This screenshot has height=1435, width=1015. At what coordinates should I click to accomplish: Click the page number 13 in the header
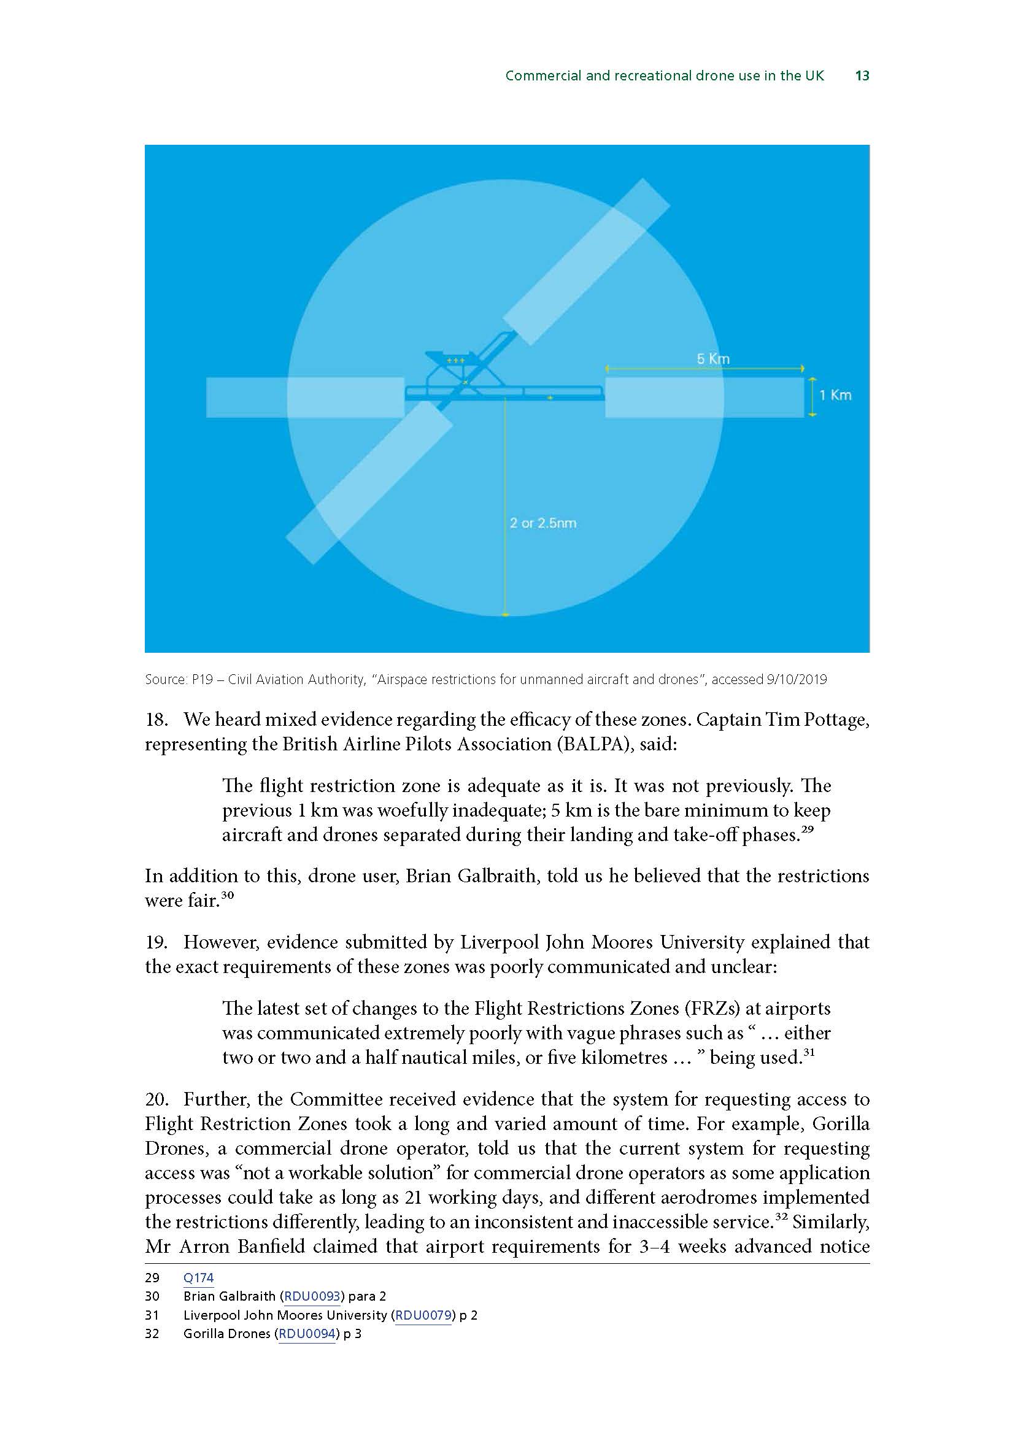(x=862, y=75)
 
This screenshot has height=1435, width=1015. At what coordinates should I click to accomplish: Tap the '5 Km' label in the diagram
(x=713, y=359)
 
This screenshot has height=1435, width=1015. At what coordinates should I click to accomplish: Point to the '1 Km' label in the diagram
(x=835, y=395)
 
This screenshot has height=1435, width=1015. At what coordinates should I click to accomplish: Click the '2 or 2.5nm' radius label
(x=542, y=523)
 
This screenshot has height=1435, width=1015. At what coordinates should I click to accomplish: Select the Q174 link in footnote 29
(x=198, y=1278)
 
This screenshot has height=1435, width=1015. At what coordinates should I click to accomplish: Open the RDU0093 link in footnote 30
(x=312, y=1296)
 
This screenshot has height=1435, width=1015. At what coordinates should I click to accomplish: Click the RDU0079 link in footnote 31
(x=424, y=1315)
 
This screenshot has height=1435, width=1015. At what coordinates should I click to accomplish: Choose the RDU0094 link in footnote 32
(x=307, y=1334)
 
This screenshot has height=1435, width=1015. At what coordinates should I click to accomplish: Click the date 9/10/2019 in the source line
(x=796, y=679)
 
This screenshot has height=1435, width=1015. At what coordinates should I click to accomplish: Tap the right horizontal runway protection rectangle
(x=704, y=397)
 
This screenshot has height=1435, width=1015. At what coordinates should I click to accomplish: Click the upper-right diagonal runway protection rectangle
(x=586, y=262)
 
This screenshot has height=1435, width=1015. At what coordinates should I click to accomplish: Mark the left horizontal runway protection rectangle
(x=305, y=397)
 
